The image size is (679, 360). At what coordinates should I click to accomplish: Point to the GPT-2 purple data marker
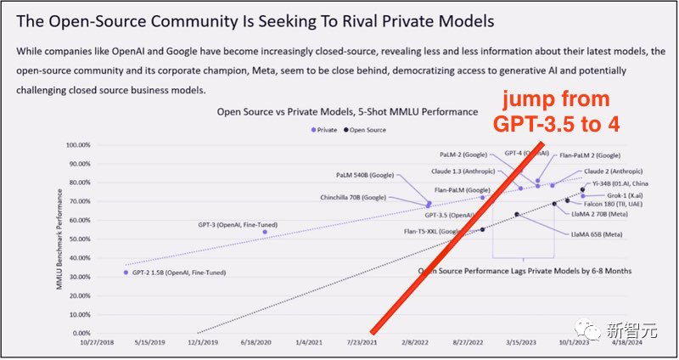click(x=126, y=273)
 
